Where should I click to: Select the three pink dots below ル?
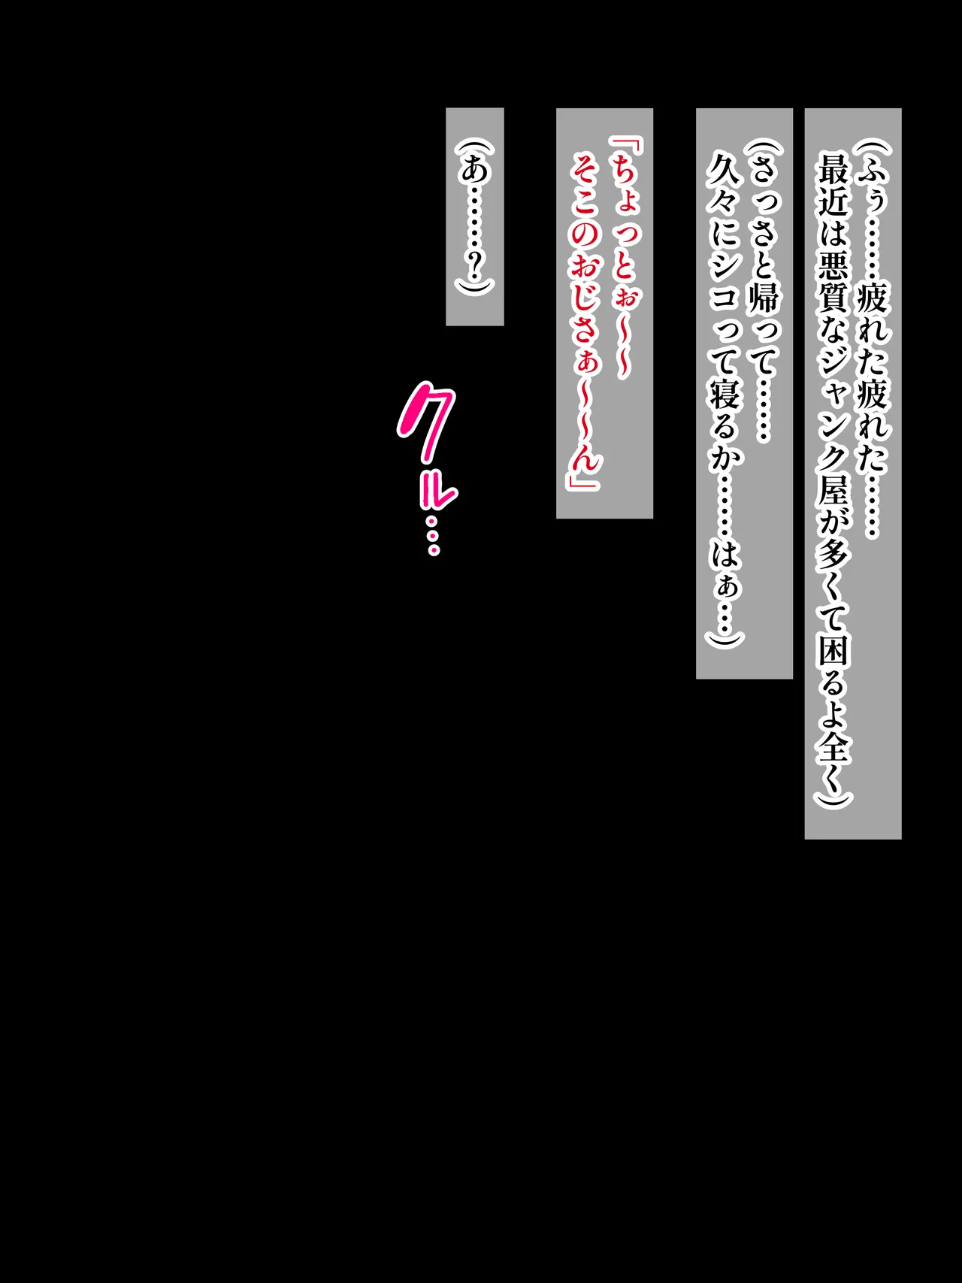(x=433, y=535)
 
